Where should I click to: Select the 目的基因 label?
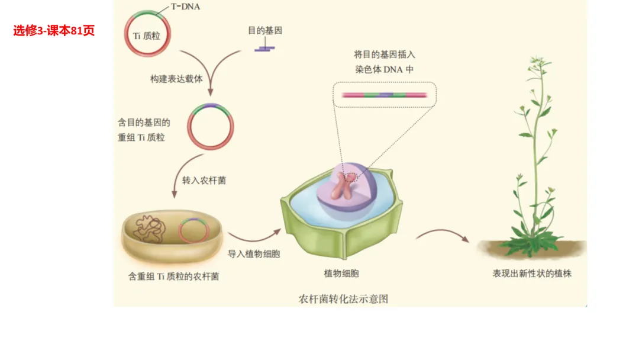pos(264,31)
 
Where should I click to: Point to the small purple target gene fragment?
pos(264,48)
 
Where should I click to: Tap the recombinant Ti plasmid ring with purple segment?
pos(211,127)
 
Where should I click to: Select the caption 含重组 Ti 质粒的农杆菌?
pos(173,276)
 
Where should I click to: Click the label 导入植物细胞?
pos(254,255)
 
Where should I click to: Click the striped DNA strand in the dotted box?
pos(384,94)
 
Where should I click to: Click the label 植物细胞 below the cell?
pos(341,274)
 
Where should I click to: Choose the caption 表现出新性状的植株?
pos(532,274)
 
